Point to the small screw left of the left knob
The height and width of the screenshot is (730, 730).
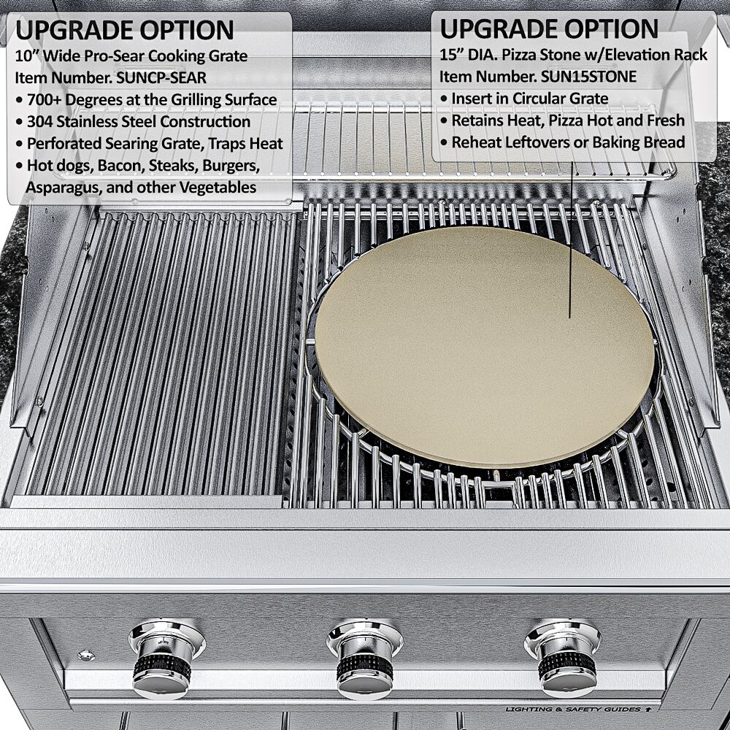pyautogui.click(x=86, y=655)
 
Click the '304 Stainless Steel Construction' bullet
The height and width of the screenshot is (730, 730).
pyautogui.click(x=138, y=121)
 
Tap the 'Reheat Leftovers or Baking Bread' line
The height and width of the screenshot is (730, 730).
pyautogui.click(x=568, y=142)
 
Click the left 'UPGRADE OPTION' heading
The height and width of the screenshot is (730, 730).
pyautogui.click(x=125, y=30)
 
